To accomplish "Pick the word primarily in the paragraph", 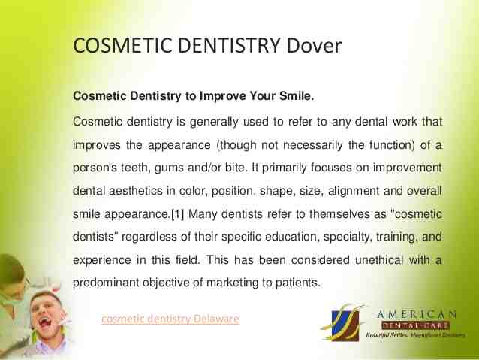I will pyautogui.click(x=288, y=167).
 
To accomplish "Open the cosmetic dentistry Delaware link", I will pyautogui.click(x=170, y=319).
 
